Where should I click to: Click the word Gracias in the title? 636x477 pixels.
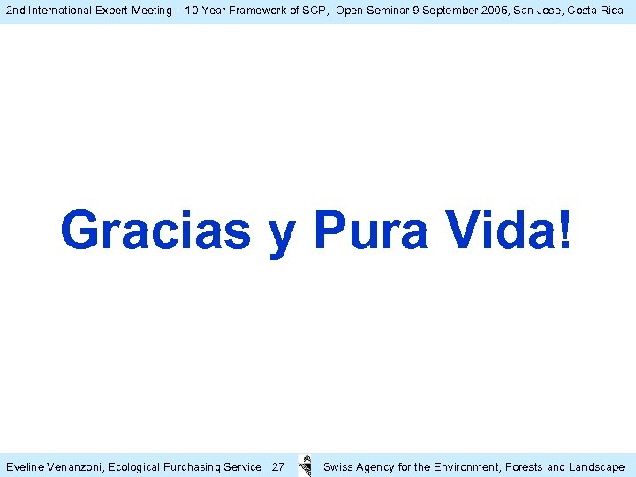pyautogui.click(x=155, y=230)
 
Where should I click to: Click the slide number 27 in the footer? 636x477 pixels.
pyautogui.click(x=277, y=466)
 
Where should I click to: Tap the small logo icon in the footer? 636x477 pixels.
pyautogui.click(x=306, y=466)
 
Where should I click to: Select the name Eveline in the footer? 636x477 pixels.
pyautogui.click(x=26, y=466)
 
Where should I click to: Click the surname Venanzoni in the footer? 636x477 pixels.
pyautogui.click(x=75, y=466)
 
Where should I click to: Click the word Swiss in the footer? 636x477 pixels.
pyautogui.click(x=338, y=466)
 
